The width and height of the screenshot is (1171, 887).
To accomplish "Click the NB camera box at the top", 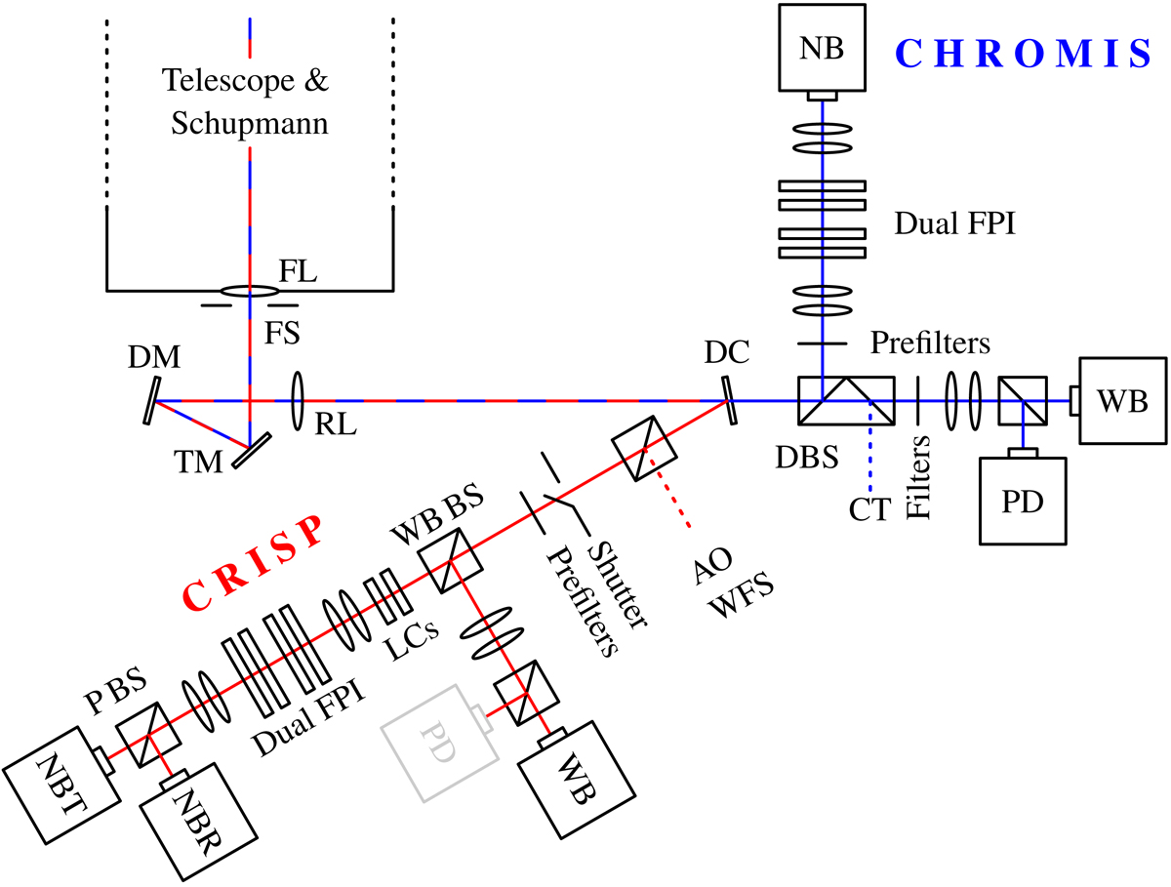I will tap(823, 46).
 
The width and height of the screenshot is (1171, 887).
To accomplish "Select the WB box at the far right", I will tap(1120, 400).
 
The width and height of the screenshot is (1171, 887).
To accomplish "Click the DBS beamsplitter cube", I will tap(845, 401).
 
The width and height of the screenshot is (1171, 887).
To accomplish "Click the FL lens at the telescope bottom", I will tap(251, 291).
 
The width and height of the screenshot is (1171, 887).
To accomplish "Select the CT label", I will tap(869, 508).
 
